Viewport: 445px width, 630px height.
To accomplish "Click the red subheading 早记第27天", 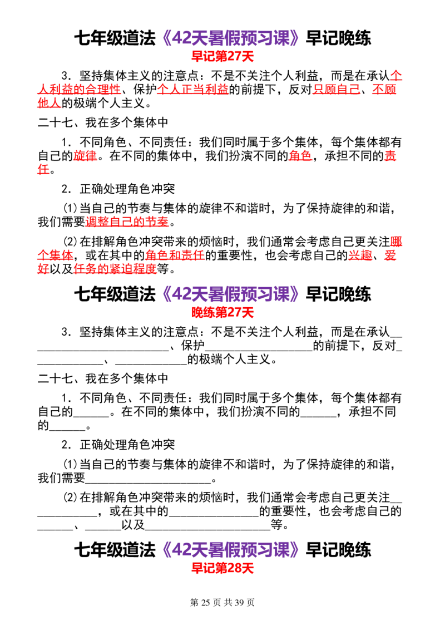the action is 222,56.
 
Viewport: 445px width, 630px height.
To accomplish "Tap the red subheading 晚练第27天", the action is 222,312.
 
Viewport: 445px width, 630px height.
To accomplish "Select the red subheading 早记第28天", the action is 222,568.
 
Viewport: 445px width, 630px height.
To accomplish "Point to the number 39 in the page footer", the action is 239,602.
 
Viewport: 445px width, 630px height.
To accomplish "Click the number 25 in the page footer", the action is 206,602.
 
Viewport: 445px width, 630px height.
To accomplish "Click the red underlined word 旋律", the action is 85,155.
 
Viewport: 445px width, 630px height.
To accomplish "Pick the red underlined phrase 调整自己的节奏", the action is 127,222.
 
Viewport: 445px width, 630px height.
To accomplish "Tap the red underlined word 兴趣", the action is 360,255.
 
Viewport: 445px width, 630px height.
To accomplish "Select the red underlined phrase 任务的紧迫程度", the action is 115,269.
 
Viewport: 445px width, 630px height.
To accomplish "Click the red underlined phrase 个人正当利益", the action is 193,89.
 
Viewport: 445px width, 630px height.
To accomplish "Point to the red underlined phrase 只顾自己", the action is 336,89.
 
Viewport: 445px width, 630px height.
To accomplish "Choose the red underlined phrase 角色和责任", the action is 175,255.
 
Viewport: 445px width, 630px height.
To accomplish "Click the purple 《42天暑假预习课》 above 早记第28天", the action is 230,550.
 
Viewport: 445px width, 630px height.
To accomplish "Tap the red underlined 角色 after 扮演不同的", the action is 300,155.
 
